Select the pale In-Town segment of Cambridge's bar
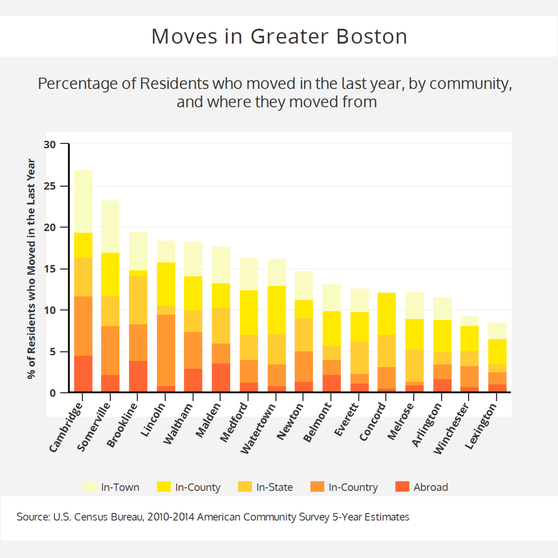tap(83, 201)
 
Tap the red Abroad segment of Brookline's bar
tap(138, 376)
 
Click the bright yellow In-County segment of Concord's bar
tap(386, 314)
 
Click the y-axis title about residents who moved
tap(31, 269)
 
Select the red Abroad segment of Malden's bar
tap(221, 378)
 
